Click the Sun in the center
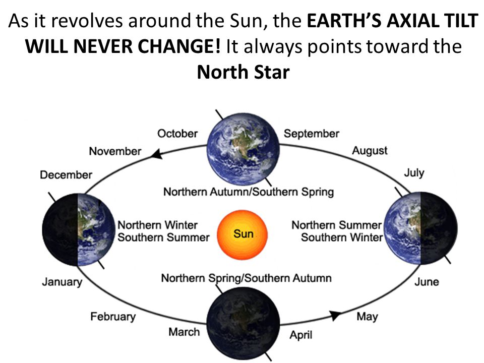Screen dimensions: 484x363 pyautogui.click(x=243, y=235)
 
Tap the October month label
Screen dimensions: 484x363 pyautogui.click(x=177, y=134)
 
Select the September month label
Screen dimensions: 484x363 pyautogui.click(x=312, y=134)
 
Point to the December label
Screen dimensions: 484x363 pyautogui.click(x=66, y=175)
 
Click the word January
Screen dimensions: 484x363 pyautogui.click(x=63, y=282)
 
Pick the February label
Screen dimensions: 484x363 pyautogui.click(x=113, y=317)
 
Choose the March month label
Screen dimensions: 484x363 pyautogui.click(x=185, y=332)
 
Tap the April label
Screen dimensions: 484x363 pyautogui.click(x=301, y=335)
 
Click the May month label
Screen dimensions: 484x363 pyautogui.click(x=368, y=317)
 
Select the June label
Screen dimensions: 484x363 pyautogui.click(x=427, y=282)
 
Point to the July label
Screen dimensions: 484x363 pyautogui.click(x=414, y=173)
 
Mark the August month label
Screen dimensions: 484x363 pyautogui.click(x=370, y=151)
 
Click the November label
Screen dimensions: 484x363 pyautogui.click(x=115, y=151)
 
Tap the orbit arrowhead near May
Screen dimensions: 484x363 pyautogui.click(x=335, y=316)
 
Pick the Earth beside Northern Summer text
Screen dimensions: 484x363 pyautogui.click(x=421, y=228)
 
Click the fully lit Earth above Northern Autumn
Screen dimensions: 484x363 pyautogui.click(x=243, y=149)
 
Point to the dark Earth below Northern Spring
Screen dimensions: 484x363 pyautogui.click(x=243, y=324)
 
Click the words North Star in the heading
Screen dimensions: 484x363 pyautogui.click(x=243, y=72)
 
